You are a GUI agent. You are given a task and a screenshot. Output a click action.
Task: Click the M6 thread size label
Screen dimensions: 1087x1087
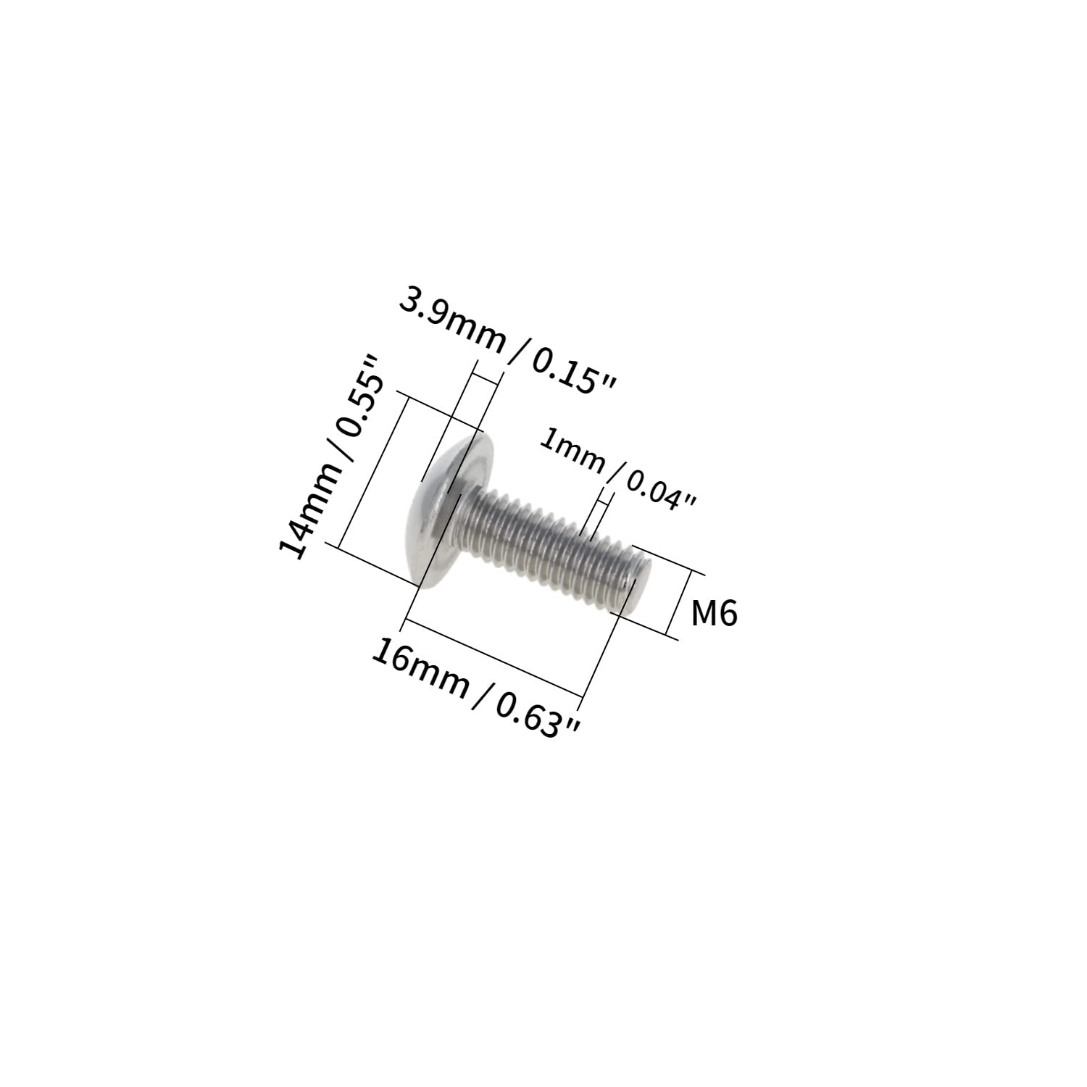point(714,614)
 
